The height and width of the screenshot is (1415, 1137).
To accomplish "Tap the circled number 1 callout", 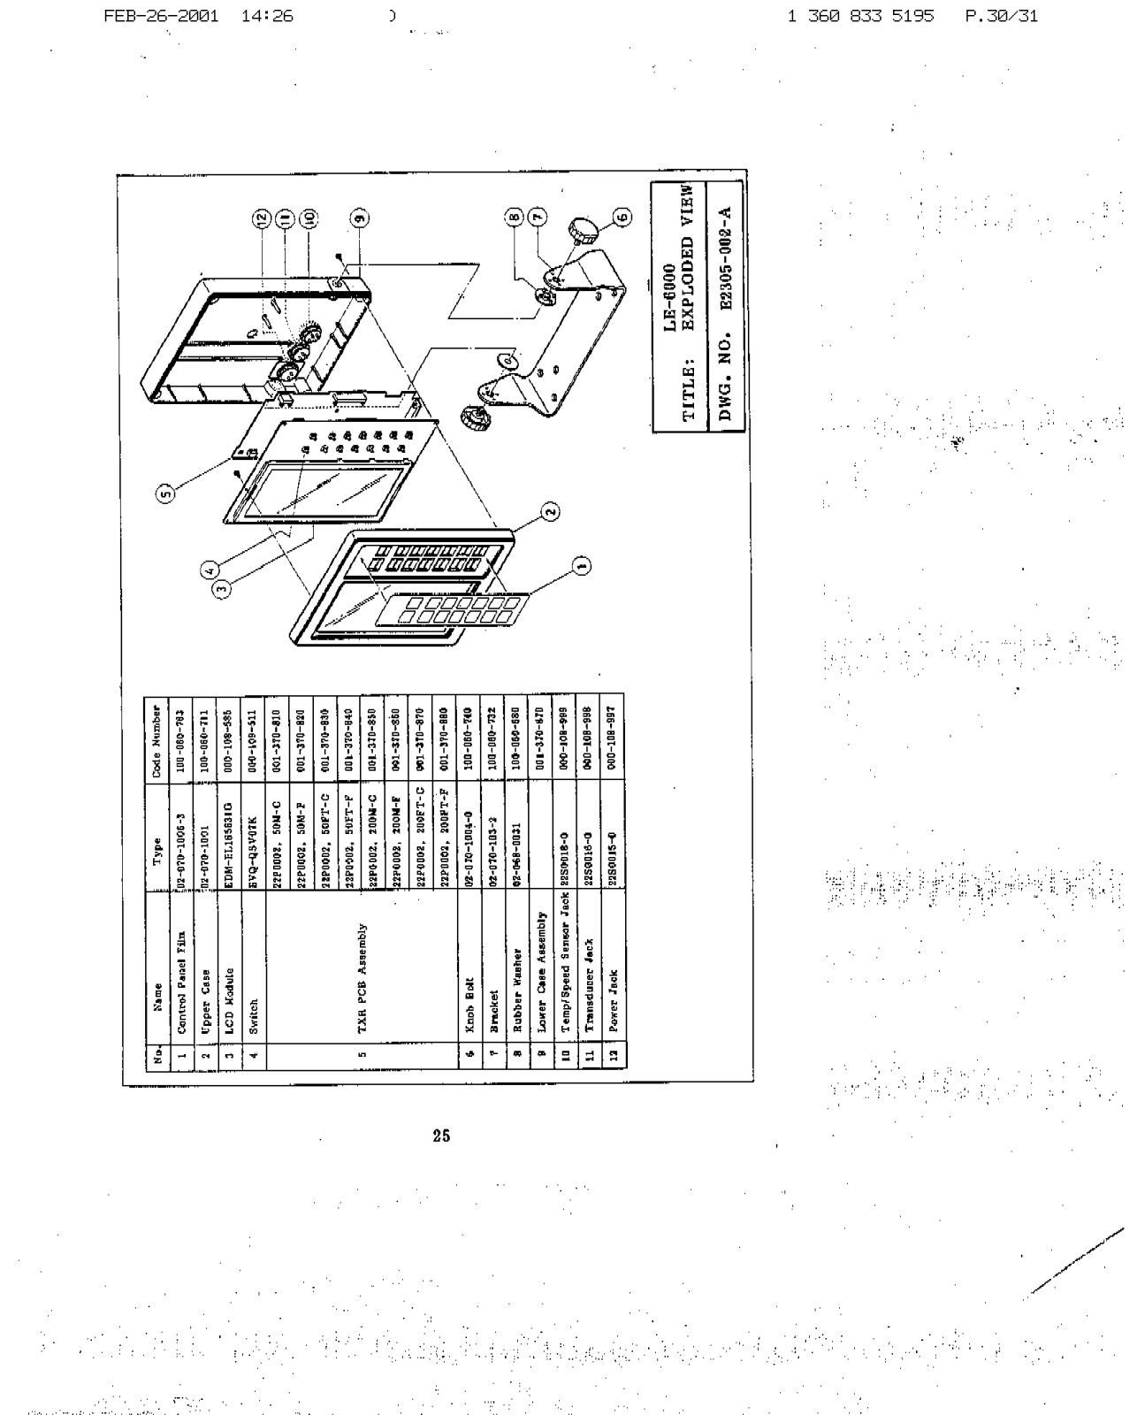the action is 581,566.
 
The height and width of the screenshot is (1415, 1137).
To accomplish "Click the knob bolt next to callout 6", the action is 584,231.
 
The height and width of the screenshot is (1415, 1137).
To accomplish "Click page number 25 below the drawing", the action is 441,1136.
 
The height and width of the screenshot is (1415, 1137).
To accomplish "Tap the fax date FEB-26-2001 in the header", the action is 161,16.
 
